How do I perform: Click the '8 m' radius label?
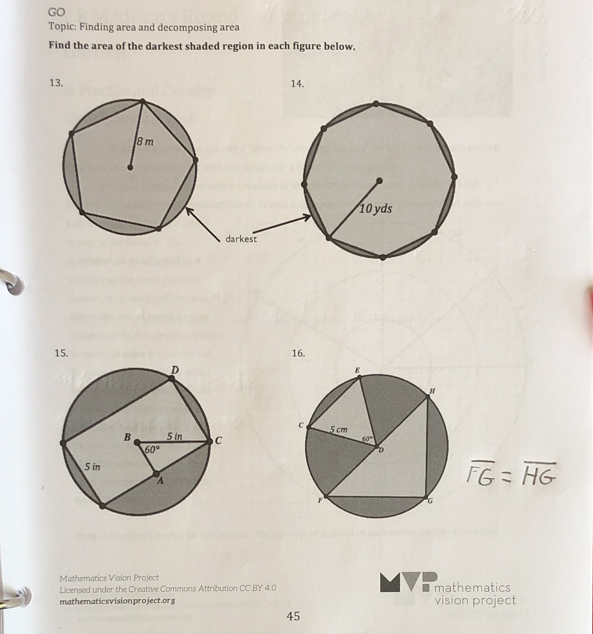pos(145,142)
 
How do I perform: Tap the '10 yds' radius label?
pos(375,209)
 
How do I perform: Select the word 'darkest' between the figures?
pos(241,239)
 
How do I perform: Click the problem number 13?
pos(56,83)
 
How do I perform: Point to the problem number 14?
pos(297,84)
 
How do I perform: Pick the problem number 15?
pos(61,353)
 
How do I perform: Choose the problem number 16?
pos(298,353)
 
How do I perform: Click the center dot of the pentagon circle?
pos(131,167)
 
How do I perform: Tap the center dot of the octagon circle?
pos(379,181)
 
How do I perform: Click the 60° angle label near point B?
pos(152,450)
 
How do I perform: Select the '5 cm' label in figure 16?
pos(339,430)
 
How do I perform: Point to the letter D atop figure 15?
pos(175,370)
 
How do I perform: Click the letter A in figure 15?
pos(160,480)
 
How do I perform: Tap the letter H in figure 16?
pos(432,391)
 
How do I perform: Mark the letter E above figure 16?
pos(357,370)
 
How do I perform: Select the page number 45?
pos(293,616)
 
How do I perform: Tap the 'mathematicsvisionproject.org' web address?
pos(117,600)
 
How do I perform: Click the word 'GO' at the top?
pos(57,13)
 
